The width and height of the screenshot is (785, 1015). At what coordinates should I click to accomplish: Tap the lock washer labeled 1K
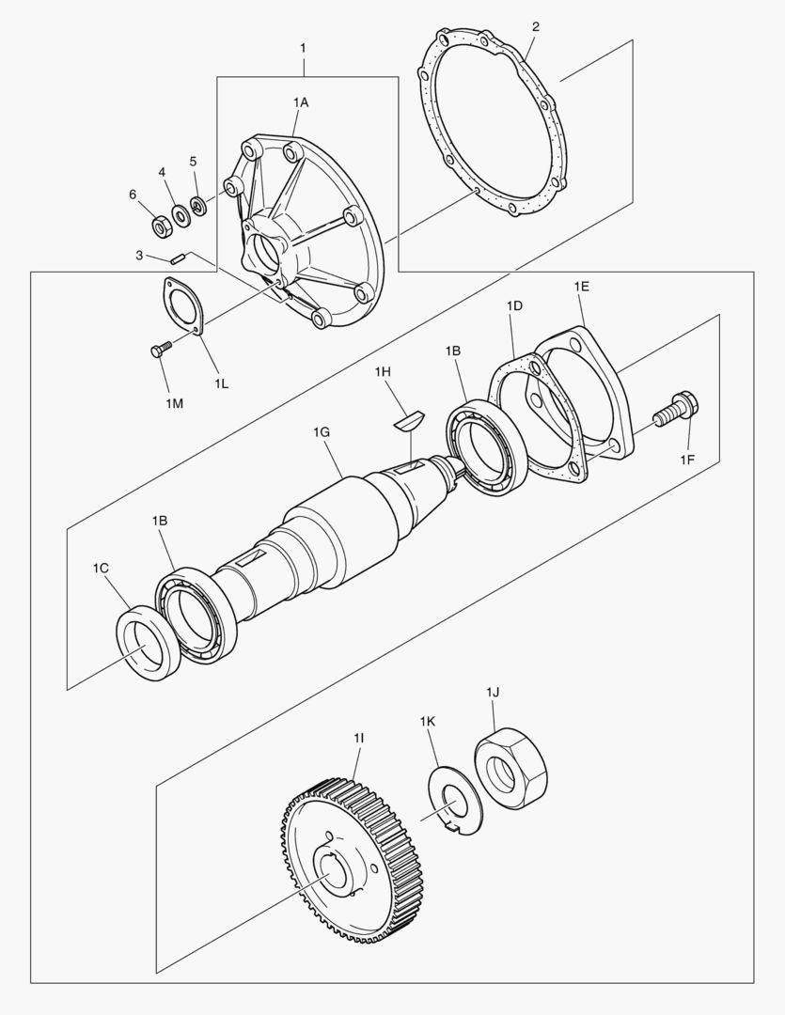(455, 802)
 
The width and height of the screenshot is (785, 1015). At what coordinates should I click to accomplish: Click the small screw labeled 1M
(160, 350)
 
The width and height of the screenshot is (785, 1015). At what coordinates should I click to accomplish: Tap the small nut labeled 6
(161, 225)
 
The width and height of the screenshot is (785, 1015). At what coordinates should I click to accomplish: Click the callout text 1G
(321, 433)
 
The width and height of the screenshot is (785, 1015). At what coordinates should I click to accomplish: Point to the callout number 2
(535, 26)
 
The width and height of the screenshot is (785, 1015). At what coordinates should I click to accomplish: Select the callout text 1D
(514, 306)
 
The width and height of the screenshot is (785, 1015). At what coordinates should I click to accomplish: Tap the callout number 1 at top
(303, 46)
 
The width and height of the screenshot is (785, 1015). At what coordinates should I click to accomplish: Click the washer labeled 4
(180, 213)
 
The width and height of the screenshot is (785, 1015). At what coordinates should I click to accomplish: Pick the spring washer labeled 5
(198, 203)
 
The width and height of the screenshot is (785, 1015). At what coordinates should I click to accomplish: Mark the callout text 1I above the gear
(359, 740)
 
